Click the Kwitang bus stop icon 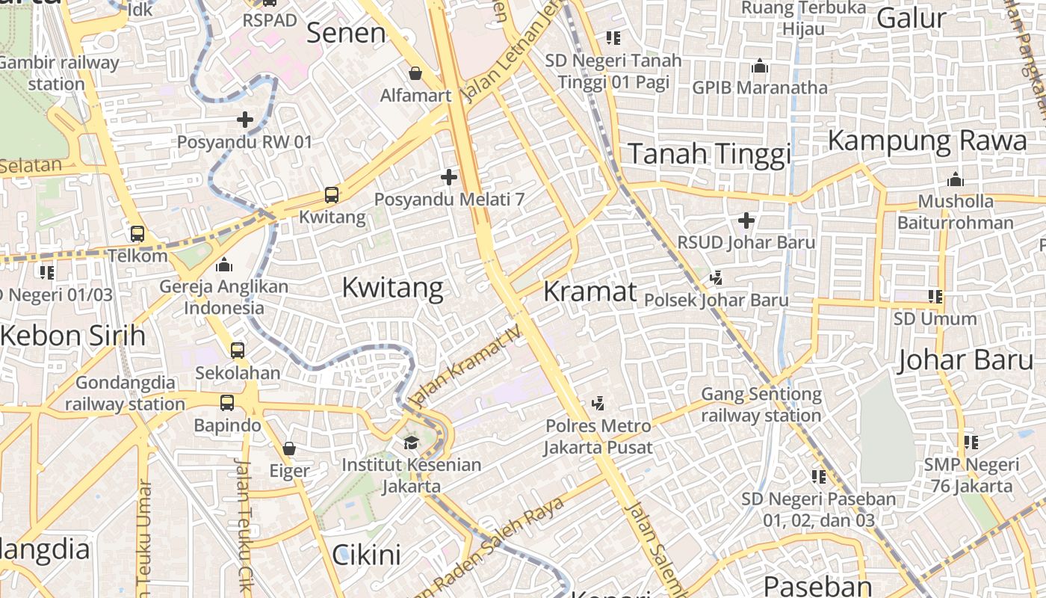(331, 195)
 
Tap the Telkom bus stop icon (137, 233)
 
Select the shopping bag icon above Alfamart (415, 73)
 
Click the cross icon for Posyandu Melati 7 (448, 177)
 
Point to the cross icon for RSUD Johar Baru (746, 221)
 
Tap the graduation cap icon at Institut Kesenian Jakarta (411, 443)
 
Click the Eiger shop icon (289, 449)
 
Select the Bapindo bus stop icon (227, 403)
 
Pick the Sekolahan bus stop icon (238, 350)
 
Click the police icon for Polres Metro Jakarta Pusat (598, 404)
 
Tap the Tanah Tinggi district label (709, 154)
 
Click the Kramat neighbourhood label (589, 292)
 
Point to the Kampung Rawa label (927, 141)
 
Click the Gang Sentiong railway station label (761, 404)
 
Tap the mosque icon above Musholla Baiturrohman (955, 180)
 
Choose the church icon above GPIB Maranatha (760, 66)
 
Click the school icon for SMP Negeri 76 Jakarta (971, 443)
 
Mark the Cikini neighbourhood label (366, 555)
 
